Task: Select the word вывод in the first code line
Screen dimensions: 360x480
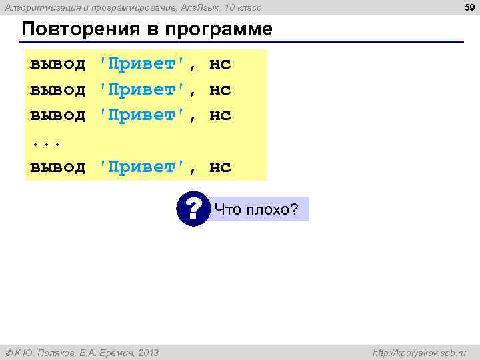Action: pos(58,64)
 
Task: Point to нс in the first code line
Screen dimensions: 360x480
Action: pos(220,64)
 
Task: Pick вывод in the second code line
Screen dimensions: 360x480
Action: pos(58,89)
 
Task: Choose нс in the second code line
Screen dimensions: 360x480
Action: pos(220,89)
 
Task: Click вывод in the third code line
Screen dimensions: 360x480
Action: pos(58,115)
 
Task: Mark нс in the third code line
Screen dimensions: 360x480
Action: pos(220,115)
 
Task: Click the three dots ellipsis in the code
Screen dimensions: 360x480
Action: pos(44,142)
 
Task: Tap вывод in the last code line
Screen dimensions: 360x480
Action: pos(58,167)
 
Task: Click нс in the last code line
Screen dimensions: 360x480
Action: pos(220,167)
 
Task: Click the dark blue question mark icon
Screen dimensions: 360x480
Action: pos(194,209)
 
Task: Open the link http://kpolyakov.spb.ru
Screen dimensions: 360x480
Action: pos(420,352)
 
